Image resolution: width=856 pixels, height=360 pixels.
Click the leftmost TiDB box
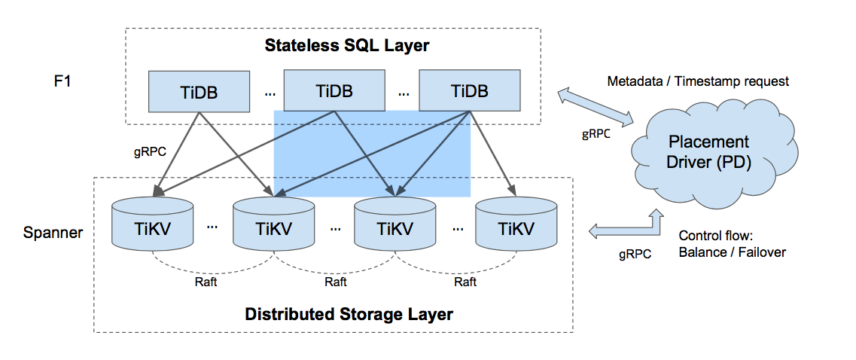click(200, 91)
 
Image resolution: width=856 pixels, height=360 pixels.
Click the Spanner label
click(53, 231)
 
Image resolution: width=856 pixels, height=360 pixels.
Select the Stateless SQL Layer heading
click(347, 45)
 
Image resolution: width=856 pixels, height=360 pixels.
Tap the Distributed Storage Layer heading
click(349, 313)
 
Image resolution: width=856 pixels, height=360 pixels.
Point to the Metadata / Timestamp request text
click(698, 81)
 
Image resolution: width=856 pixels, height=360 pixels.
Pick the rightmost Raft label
click(465, 282)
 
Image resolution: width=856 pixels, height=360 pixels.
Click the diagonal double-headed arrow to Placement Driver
click(595, 106)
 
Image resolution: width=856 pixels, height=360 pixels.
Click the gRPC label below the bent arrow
click(635, 255)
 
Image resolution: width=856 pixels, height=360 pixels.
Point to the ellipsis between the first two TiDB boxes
click(268, 93)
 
